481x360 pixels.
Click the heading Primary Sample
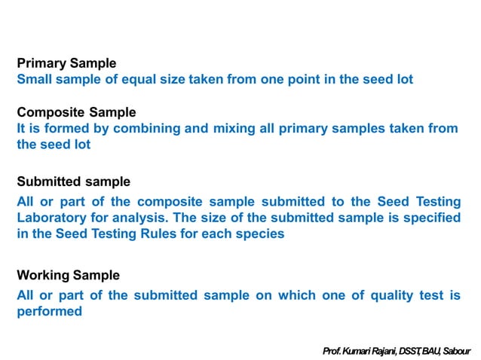66,63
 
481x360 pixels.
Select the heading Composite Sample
76,112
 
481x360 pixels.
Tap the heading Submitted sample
73,182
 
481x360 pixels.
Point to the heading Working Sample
68,276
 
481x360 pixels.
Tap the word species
260,233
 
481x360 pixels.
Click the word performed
49,311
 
